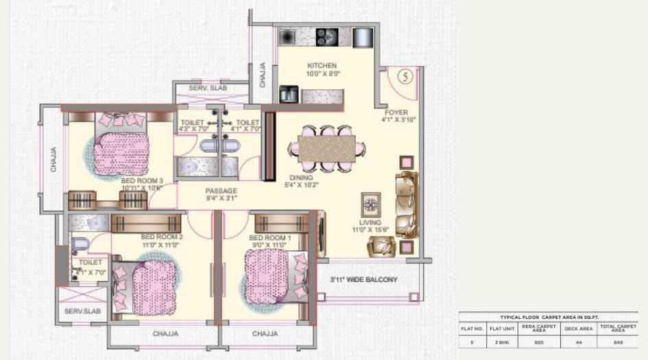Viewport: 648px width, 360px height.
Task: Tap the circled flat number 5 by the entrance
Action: click(405, 77)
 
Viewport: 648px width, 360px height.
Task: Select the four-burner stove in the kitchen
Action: click(324, 37)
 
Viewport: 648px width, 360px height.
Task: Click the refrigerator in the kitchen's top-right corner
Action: click(362, 37)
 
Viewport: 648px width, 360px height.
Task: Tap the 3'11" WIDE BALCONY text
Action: click(363, 280)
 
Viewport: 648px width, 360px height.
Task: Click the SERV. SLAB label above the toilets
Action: click(209, 88)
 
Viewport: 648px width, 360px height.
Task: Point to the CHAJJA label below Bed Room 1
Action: click(265, 334)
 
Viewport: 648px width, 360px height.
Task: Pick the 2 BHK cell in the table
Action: click(502, 340)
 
